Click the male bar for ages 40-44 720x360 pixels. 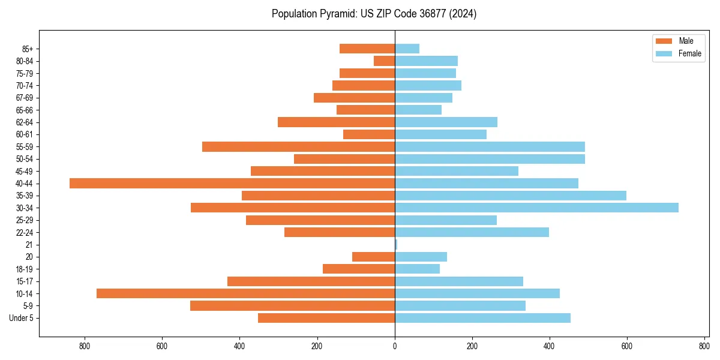(232, 184)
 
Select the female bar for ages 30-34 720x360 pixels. (536, 208)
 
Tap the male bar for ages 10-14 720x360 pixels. (245, 293)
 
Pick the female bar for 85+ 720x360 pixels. (407, 49)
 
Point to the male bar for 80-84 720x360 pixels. (384, 61)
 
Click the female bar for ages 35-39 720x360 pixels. (511, 196)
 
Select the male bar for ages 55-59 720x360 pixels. (298, 146)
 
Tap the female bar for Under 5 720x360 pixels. (482, 318)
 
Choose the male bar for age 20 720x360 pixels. (373, 257)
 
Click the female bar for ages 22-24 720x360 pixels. (472, 232)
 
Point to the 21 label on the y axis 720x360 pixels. (29, 245)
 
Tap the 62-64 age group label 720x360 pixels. (25, 122)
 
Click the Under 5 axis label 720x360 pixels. (21, 318)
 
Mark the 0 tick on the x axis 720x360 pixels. (395, 346)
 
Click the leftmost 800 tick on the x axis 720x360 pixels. (84, 346)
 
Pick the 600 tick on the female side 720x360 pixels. (627, 346)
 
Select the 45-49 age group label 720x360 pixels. (25, 171)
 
